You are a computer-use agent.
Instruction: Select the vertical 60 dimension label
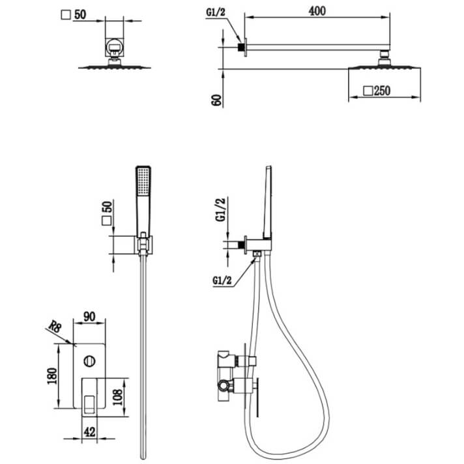(217, 99)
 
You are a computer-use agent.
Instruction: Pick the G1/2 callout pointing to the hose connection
(222, 281)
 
